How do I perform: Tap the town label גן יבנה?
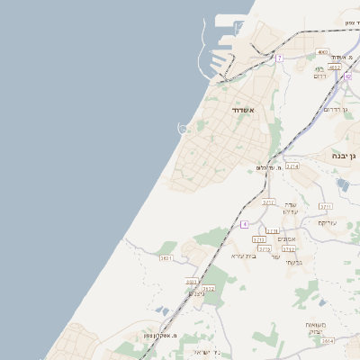point(346,155)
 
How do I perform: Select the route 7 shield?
point(280,58)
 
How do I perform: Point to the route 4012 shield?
point(335,67)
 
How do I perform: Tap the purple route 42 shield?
point(347,76)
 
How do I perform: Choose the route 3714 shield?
point(292,166)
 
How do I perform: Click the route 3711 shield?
point(326,207)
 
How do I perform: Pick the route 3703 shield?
point(192,282)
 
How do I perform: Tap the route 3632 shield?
point(208,289)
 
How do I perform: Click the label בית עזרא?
point(244,256)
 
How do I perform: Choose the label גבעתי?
point(292,261)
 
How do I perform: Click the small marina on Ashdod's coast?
point(184,129)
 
